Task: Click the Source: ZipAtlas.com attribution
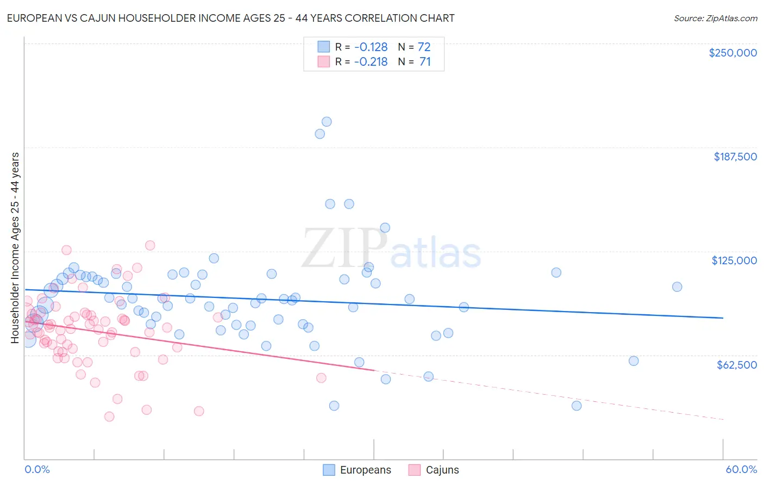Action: point(715,18)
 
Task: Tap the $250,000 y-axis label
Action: point(732,53)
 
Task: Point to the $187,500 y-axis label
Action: point(735,157)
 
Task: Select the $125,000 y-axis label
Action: point(734,260)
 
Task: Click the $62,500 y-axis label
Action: point(736,365)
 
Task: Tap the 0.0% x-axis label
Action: point(37,469)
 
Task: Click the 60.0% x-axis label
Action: point(741,469)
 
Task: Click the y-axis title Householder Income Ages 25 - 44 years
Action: point(15,248)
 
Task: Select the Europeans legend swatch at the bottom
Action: point(329,470)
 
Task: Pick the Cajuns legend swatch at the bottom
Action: point(415,470)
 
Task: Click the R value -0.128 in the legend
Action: point(371,47)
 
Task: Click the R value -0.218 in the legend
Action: point(371,62)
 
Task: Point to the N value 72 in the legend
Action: point(424,47)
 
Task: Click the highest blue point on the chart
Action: point(327,122)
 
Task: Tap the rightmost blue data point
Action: point(677,287)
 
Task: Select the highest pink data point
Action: point(150,245)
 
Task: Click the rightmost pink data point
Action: point(321,378)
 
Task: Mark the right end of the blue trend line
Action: point(723,318)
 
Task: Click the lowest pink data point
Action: point(109,416)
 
